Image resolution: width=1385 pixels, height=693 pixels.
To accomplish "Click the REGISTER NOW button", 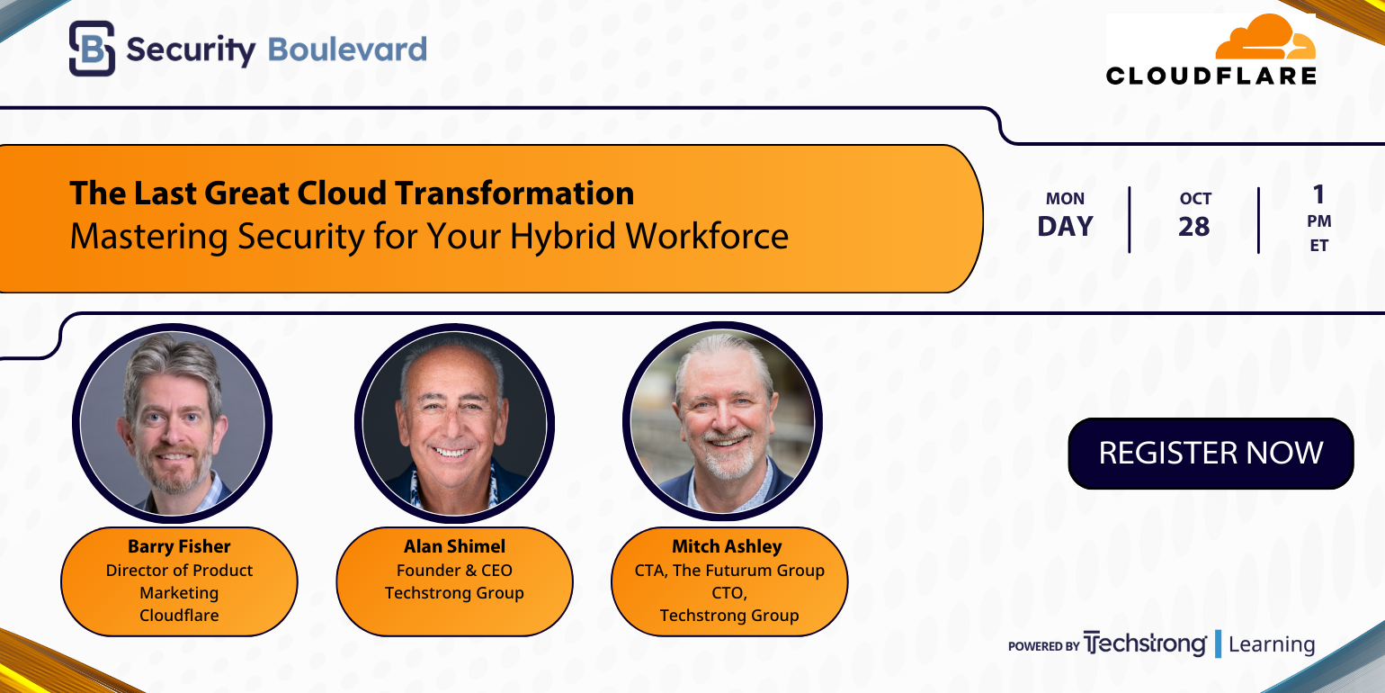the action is [1211, 453].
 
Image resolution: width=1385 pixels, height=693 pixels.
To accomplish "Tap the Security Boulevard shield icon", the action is [92, 49].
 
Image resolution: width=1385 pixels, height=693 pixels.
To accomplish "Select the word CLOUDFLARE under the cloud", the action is [1211, 76].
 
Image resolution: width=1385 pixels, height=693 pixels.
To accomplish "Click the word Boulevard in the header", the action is [347, 49].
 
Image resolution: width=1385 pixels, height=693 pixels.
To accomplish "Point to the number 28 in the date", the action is [1194, 227].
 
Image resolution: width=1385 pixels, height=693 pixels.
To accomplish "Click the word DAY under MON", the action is [1066, 227].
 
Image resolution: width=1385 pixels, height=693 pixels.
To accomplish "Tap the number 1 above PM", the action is [1318, 194].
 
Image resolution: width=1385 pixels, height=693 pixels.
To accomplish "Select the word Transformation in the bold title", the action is [515, 193].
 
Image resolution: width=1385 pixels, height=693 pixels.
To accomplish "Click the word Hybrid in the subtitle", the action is [563, 237].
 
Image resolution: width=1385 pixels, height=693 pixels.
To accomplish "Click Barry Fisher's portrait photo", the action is [173, 423].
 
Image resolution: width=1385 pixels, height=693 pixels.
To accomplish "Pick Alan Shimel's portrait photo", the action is [454, 423].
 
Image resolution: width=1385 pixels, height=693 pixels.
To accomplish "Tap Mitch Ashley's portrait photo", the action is [722, 421].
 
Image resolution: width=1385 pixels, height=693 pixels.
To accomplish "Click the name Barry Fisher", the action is [179, 546].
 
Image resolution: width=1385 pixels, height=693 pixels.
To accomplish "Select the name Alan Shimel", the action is [454, 546].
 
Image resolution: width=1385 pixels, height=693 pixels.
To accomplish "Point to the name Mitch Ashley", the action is [727, 546].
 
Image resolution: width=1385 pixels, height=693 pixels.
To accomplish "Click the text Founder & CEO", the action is [454, 570].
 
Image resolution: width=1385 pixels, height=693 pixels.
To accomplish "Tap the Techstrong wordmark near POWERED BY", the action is [1145, 644].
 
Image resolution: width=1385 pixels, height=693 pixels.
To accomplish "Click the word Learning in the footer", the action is [1272, 644].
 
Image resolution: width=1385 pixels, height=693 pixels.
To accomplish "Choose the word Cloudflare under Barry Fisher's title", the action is [179, 615].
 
